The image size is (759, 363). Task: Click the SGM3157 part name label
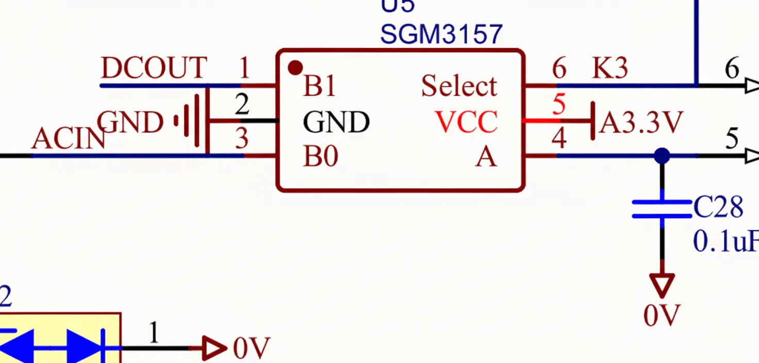click(x=441, y=34)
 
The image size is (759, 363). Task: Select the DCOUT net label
click(x=154, y=68)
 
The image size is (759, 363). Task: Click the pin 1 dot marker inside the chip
click(x=295, y=68)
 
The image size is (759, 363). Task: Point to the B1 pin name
click(x=320, y=86)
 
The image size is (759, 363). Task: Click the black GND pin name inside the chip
click(x=336, y=123)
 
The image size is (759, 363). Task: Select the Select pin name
click(x=459, y=86)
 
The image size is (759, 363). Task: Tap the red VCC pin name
click(x=467, y=123)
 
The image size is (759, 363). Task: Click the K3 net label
click(x=610, y=68)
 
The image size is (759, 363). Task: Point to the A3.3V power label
click(x=641, y=123)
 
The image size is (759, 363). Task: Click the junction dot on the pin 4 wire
click(x=662, y=155)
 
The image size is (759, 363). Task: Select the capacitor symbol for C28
click(x=662, y=208)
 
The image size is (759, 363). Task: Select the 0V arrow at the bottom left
click(x=212, y=349)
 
